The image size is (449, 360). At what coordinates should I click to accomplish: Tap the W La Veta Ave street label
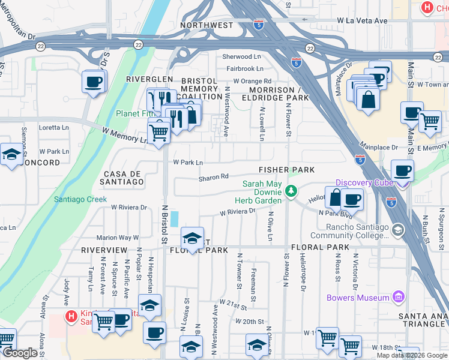pyautogui.click(x=362, y=20)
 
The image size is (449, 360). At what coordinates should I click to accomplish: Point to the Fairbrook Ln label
pyautogui.click(x=245, y=69)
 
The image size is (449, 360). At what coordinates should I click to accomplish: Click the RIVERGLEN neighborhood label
pyautogui.click(x=149, y=79)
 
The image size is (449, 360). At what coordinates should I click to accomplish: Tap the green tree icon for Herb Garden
pyautogui.click(x=291, y=191)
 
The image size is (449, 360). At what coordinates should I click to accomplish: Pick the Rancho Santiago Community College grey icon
pyautogui.click(x=397, y=230)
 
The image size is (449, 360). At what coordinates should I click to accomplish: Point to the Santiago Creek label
pyautogui.click(x=80, y=199)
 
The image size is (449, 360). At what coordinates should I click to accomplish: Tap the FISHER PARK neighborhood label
pyautogui.click(x=287, y=170)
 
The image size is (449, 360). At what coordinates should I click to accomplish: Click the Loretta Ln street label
pyautogui.click(x=53, y=127)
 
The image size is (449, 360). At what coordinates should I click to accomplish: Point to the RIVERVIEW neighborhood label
pyautogui.click(x=104, y=249)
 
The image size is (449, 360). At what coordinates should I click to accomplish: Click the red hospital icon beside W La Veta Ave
pyautogui.click(x=427, y=8)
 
